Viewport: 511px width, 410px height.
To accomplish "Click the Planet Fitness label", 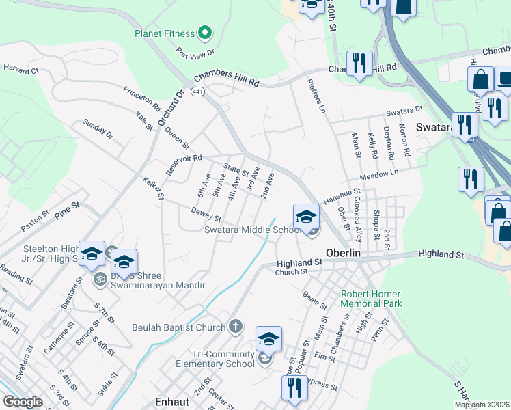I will pyautogui.click(x=164, y=33).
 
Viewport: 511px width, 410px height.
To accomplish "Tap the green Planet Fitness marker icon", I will pyautogui.click(x=204, y=32).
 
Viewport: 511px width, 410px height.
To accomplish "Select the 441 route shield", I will pyautogui.click(x=197, y=92).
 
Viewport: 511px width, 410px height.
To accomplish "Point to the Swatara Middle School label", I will pyautogui.click(x=252, y=230).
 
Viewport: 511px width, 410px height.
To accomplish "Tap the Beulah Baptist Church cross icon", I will pyautogui.click(x=236, y=327).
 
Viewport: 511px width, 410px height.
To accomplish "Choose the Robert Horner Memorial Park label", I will pyautogui.click(x=372, y=299).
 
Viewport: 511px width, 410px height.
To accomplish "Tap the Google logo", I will pyautogui.click(x=23, y=402).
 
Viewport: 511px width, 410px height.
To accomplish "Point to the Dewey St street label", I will pyautogui.click(x=206, y=213).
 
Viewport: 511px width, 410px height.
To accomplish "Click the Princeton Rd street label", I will pyautogui.click(x=142, y=99).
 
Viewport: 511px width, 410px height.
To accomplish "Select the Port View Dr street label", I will pyautogui.click(x=195, y=52).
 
